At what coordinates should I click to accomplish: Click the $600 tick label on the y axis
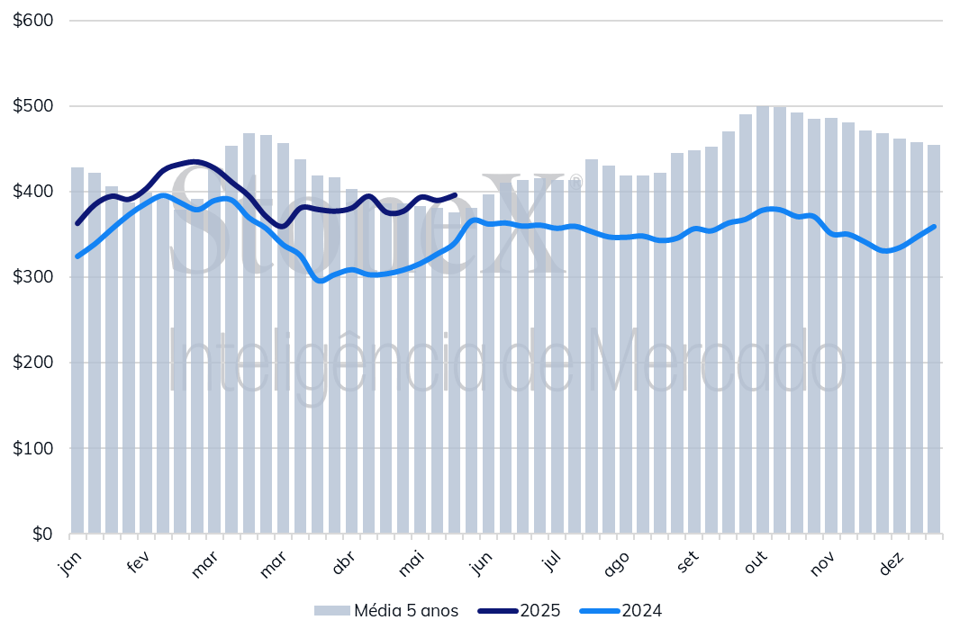click(x=33, y=20)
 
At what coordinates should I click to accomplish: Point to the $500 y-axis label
click(x=33, y=105)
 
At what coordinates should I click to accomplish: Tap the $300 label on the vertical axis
click(x=33, y=277)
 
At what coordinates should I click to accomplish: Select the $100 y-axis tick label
click(x=33, y=448)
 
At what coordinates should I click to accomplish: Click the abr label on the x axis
click(x=343, y=563)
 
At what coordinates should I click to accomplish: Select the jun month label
click(x=481, y=563)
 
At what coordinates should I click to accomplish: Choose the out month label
click(x=755, y=563)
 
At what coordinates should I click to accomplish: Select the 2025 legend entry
click(x=539, y=611)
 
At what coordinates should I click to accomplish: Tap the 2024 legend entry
click(x=641, y=611)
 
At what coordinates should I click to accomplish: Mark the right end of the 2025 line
click(x=456, y=194)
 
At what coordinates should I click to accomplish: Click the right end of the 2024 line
click(x=934, y=227)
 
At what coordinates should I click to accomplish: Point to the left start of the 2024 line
click(x=77, y=256)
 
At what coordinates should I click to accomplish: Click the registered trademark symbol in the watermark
click(x=575, y=183)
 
